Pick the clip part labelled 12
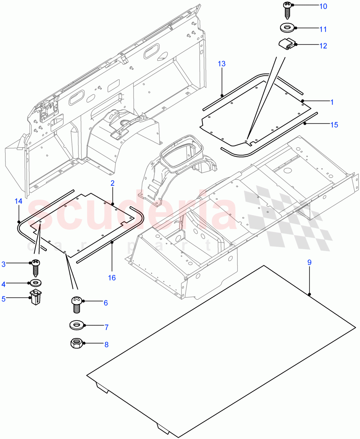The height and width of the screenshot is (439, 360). tap(287, 44)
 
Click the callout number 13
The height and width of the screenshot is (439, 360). tap(222, 64)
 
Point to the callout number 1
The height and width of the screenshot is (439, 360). tap(332, 102)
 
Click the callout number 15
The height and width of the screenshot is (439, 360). tap(334, 125)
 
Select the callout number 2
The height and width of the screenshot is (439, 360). tap(112, 183)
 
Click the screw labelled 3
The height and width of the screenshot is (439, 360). tap(35, 267)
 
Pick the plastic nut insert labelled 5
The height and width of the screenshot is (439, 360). tap(35, 297)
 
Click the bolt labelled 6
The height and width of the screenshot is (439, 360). tap(76, 304)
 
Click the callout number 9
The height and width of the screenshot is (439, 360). tap(309, 262)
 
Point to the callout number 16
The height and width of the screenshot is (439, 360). tap(112, 278)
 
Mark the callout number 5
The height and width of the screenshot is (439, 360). tap(4, 299)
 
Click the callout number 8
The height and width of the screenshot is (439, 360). tap(106, 345)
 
